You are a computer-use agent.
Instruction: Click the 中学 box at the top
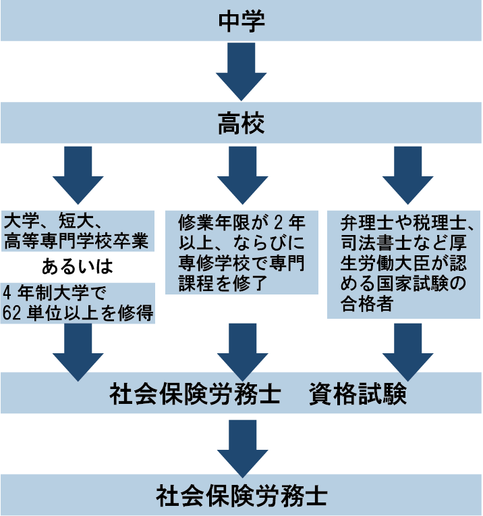click(x=241, y=20)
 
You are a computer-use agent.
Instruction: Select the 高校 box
click(x=241, y=123)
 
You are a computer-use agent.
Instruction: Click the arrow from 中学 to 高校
click(x=241, y=73)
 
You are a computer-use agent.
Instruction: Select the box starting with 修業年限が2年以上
click(x=241, y=251)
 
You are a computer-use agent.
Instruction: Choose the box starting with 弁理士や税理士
click(x=403, y=263)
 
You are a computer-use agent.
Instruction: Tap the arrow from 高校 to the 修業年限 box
click(x=241, y=174)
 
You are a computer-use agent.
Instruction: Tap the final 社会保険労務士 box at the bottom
click(x=241, y=496)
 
